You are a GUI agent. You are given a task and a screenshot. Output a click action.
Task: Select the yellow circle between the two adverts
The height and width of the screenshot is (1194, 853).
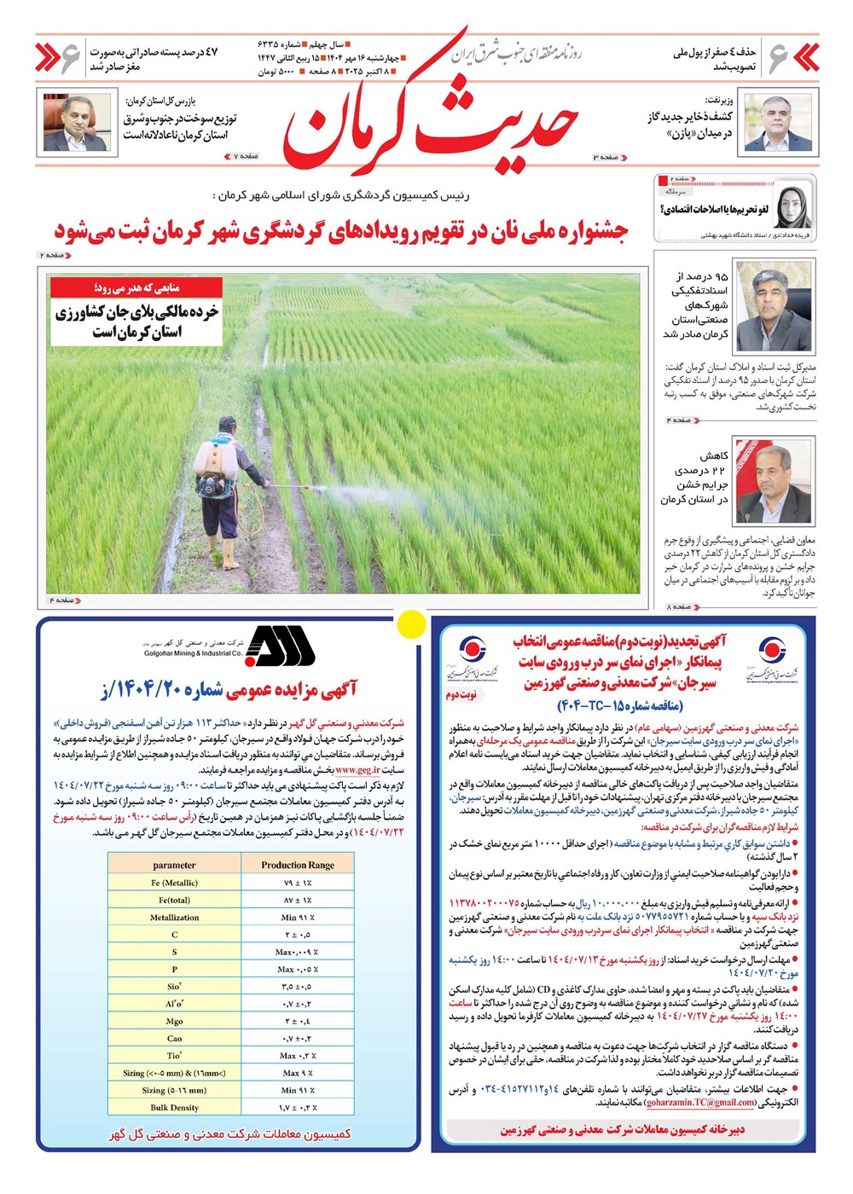point(413,623)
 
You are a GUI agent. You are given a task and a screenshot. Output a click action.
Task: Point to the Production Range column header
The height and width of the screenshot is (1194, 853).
point(298,865)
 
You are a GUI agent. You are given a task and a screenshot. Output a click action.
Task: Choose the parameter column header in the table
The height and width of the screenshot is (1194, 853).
point(174,865)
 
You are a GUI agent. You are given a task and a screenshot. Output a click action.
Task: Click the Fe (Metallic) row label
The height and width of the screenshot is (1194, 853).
point(174,883)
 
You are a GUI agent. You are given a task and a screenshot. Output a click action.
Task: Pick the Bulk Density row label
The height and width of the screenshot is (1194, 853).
point(174,1107)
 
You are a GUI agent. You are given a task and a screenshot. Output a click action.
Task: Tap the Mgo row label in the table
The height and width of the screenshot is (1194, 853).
point(174,1021)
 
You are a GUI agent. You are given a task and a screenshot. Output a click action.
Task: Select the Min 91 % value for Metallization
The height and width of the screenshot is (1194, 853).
point(298,918)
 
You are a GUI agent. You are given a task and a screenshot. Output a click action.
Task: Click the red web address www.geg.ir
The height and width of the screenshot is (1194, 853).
point(358,769)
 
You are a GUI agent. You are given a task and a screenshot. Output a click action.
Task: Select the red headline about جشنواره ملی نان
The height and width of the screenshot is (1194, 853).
point(341,230)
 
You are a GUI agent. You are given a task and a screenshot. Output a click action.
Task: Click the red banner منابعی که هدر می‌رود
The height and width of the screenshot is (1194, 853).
point(136,287)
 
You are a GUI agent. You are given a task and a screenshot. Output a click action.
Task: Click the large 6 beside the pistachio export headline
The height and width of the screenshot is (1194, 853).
point(70,58)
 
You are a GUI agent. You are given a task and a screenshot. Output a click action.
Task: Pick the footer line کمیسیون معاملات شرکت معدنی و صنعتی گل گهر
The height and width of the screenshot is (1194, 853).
point(230,1133)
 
